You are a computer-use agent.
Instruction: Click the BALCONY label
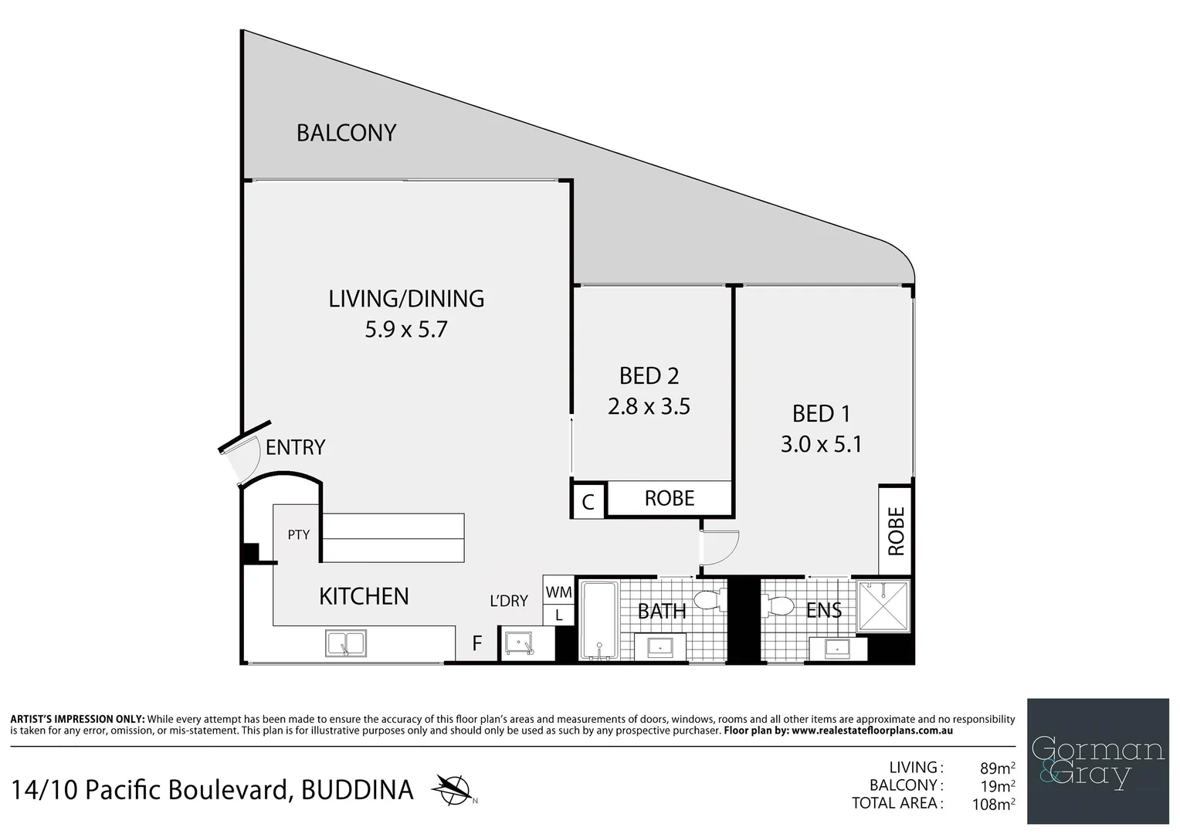pyautogui.click(x=346, y=133)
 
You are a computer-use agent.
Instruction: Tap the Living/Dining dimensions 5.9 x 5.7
pyautogui.click(x=406, y=330)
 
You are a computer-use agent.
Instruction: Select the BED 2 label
pyautogui.click(x=649, y=376)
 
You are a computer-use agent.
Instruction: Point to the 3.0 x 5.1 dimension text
pyautogui.click(x=821, y=444)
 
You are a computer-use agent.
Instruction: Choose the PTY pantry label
pyautogui.click(x=299, y=534)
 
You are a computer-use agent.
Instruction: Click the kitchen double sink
pyautogui.click(x=346, y=643)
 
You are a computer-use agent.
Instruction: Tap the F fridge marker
pyautogui.click(x=477, y=643)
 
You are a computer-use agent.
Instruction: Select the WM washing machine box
pyautogui.click(x=558, y=592)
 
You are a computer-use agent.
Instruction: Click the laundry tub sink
pyautogui.click(x=517, y=642)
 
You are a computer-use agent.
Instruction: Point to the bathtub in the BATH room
pyautogui.click(x=598, y=622)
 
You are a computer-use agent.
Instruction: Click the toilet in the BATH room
pyautogui.click(x=709, y=600)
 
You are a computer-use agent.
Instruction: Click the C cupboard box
pyautogui.click(x=588, y=502)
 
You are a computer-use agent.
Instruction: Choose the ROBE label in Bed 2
pyautogui.click(x=670, y=499)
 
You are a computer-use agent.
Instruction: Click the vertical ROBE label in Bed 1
pyautogui.click(x=896, y=531)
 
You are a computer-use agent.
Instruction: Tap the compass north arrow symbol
pyautogui.click(x=453, y=788)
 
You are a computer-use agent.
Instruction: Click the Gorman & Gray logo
pyautogui.click(x=1097, y=761)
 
